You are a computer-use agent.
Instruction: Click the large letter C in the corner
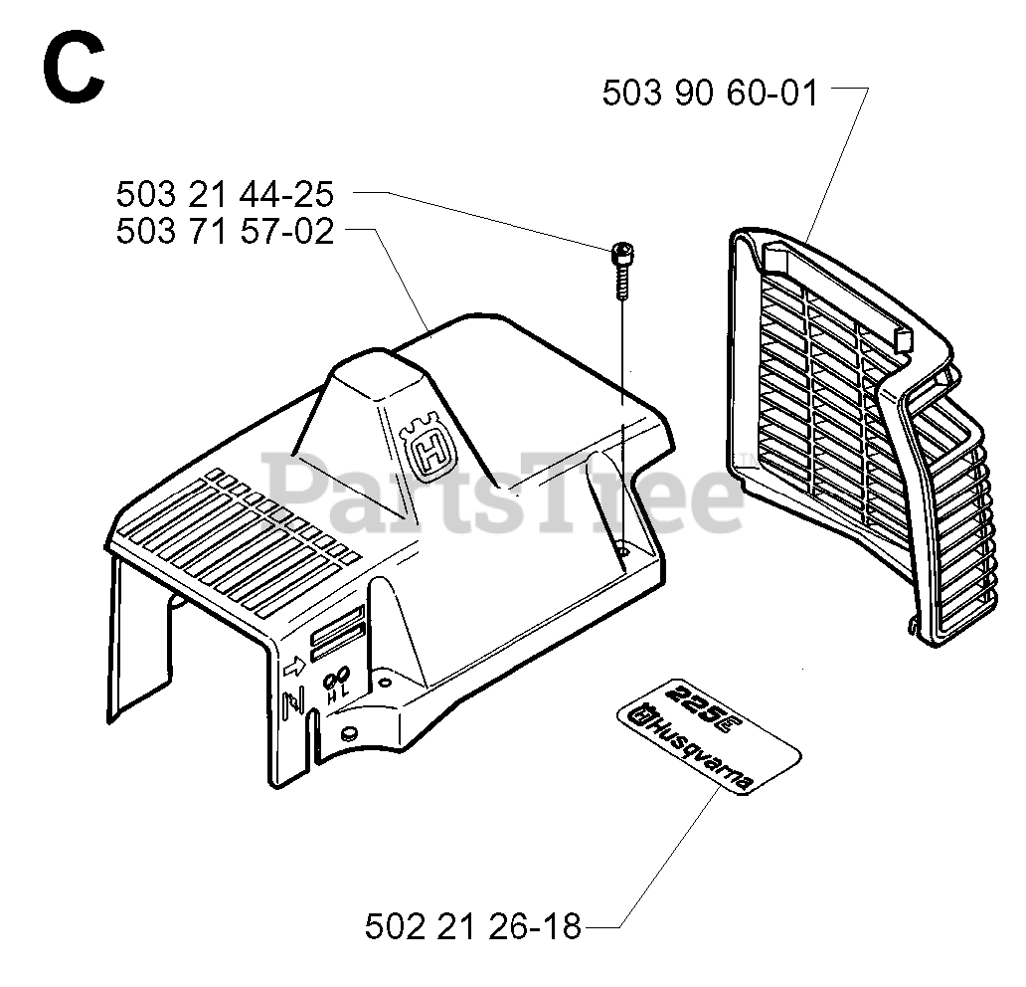click(73, 72)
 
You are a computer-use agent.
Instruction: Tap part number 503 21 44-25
click(225, 193)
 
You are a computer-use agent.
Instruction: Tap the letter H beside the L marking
click(331, 699)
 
